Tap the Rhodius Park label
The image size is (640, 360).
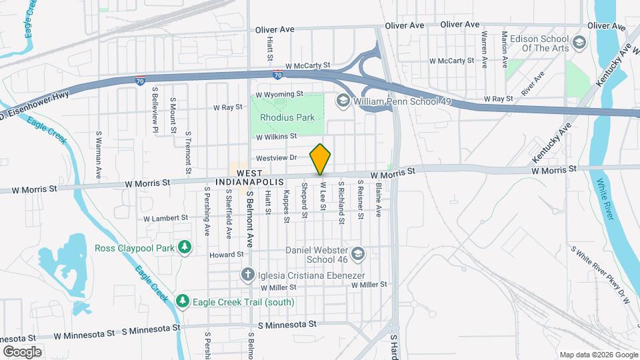(287, 117)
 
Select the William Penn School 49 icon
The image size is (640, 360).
(343, 101)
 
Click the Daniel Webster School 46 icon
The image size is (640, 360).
(358, 254)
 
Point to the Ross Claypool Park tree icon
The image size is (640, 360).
(185, 248)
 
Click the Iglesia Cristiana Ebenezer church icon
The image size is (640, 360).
(247, 274)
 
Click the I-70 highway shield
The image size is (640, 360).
(139, 79)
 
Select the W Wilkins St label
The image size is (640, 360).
(276, 137)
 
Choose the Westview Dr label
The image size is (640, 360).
(277, 159)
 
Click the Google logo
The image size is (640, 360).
(22, 352)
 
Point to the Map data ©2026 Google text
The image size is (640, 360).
(597, 355)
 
